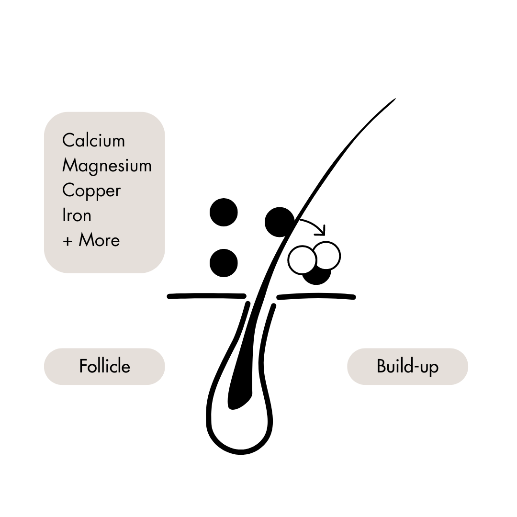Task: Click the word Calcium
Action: pos(93,141)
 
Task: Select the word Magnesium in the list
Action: pos(107,166)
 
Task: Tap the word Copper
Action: pos(91,191)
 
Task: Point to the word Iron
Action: pos(77,215)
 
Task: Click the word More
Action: pos(99,240)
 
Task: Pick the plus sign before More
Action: pos(67,241)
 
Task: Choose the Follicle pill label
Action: pos(104,366)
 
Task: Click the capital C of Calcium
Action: pos(68,141)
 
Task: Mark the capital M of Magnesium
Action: pos(69,166)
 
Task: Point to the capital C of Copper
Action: pos(68,191)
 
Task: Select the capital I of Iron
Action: pos(64,215)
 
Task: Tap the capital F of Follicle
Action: pos(82,366)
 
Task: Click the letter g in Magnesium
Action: pos(95,168)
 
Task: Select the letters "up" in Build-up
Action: pos(429,368)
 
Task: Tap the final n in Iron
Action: pos(87,216)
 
